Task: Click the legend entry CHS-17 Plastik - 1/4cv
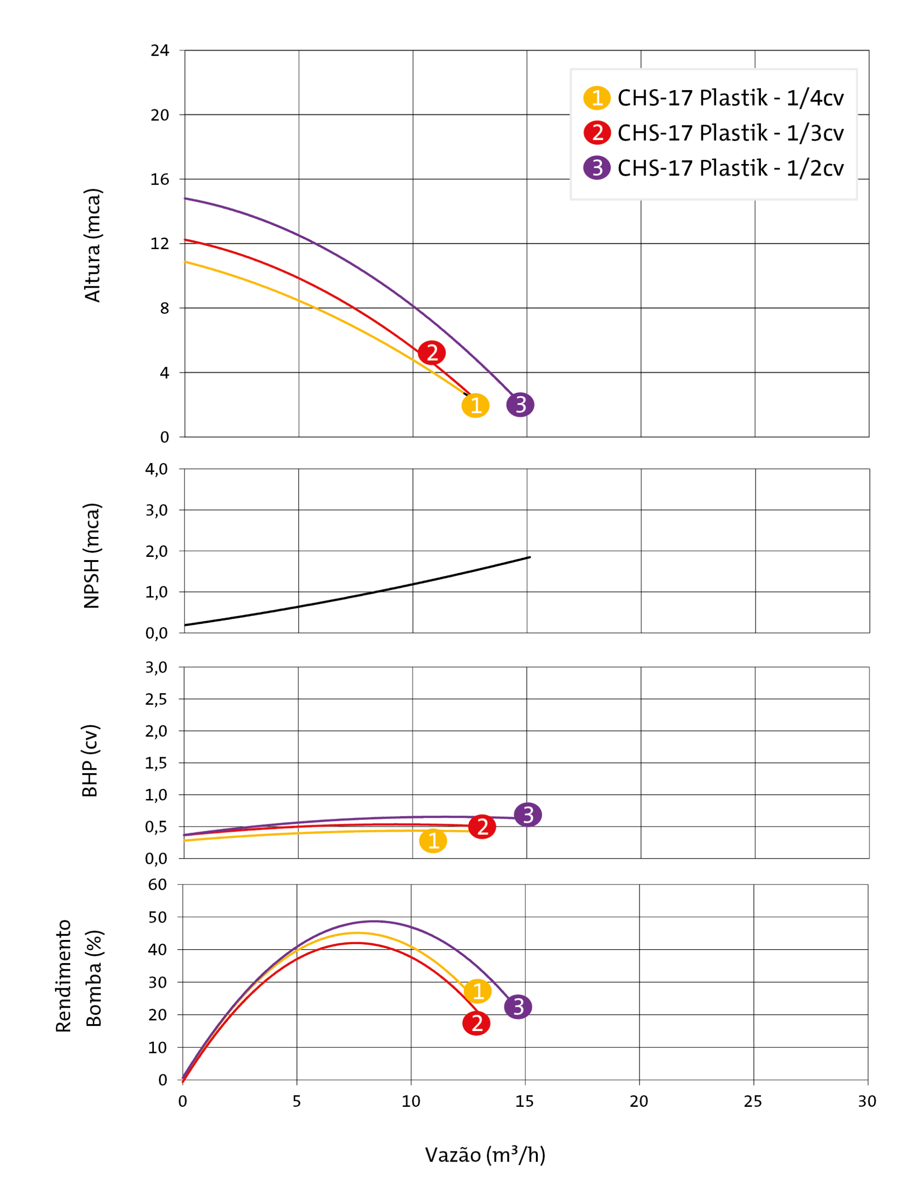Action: pos(730,98)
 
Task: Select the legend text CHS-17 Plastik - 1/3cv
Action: pos(730,133)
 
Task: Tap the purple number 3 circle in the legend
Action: pos(597,168)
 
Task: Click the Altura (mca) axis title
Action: pos(92,245)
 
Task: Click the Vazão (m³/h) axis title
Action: pos(485,1155)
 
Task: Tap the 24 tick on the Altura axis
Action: pos(159,51)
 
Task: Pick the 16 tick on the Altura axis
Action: pos(159,179)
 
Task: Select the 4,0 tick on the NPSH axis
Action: pos(156,469)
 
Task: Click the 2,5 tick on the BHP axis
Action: pos(156,699)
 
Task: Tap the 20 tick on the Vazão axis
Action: pos(639,1102)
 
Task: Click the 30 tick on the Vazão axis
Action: pos(867,1102)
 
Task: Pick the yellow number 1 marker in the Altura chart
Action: pos(475,405)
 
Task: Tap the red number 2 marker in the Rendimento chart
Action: pos(476,1023)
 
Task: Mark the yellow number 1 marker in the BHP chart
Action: pos(433,841)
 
